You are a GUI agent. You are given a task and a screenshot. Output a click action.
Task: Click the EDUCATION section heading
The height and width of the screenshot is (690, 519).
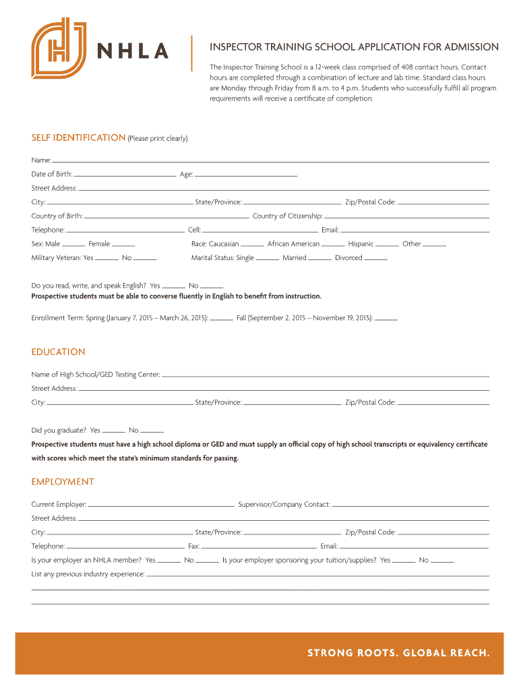tap(59, 352)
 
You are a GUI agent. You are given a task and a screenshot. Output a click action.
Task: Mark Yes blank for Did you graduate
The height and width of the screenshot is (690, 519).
tap(113, 430)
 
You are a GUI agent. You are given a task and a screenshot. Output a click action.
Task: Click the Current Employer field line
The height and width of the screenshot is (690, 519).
tap(161, 504)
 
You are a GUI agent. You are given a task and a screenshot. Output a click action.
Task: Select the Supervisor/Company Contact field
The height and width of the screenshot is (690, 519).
tap(410, 504)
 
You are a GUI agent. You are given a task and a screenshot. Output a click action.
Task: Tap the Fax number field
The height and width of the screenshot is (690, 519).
tap(259, 546)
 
